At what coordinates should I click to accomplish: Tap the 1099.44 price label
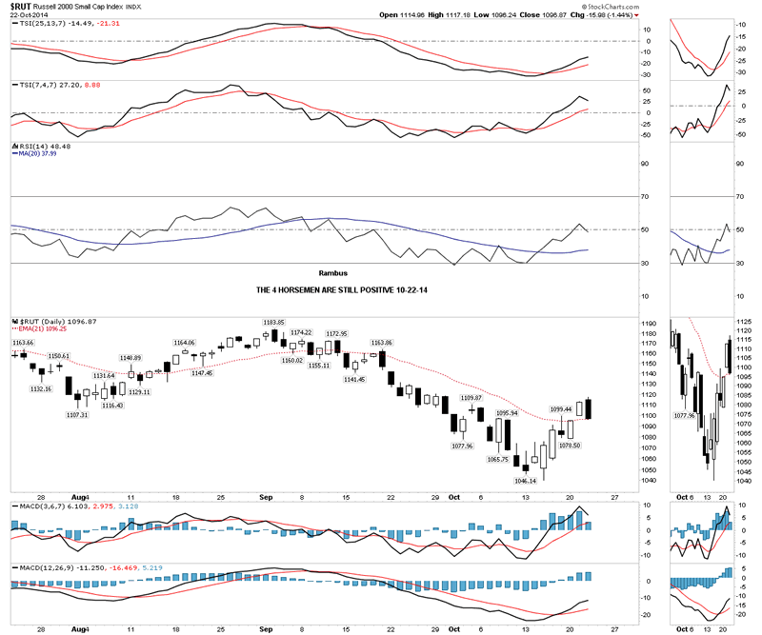point(562,409)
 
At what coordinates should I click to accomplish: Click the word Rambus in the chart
point(334,272)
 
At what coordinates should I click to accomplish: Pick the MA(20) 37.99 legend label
point(31,154)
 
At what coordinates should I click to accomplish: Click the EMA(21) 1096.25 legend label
point(40,330)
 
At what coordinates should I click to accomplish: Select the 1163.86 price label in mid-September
point(382,342)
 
